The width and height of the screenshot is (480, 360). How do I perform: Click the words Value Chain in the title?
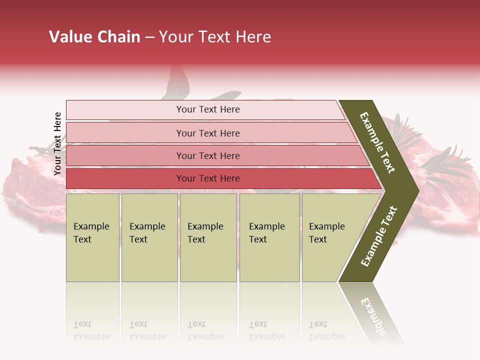tap(94, 37)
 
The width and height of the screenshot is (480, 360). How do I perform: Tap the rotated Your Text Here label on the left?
tap(57, 143)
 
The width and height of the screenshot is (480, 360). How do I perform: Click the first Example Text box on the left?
tap(92, 237)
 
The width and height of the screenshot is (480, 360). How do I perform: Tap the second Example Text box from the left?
tap(149, 237)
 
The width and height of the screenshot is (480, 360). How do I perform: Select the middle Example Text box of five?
tap(208, 237)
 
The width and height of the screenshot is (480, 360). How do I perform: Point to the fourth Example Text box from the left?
tap(269, 237)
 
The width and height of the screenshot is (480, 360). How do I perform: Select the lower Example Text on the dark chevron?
tap(379, 236)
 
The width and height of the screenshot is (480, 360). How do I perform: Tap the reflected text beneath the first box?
tap(91, 330)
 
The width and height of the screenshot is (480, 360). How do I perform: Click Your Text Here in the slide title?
tap(215, 37)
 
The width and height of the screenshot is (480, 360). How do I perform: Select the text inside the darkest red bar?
tap(208, 178)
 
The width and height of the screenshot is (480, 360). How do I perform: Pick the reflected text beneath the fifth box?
tap(326, 330)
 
